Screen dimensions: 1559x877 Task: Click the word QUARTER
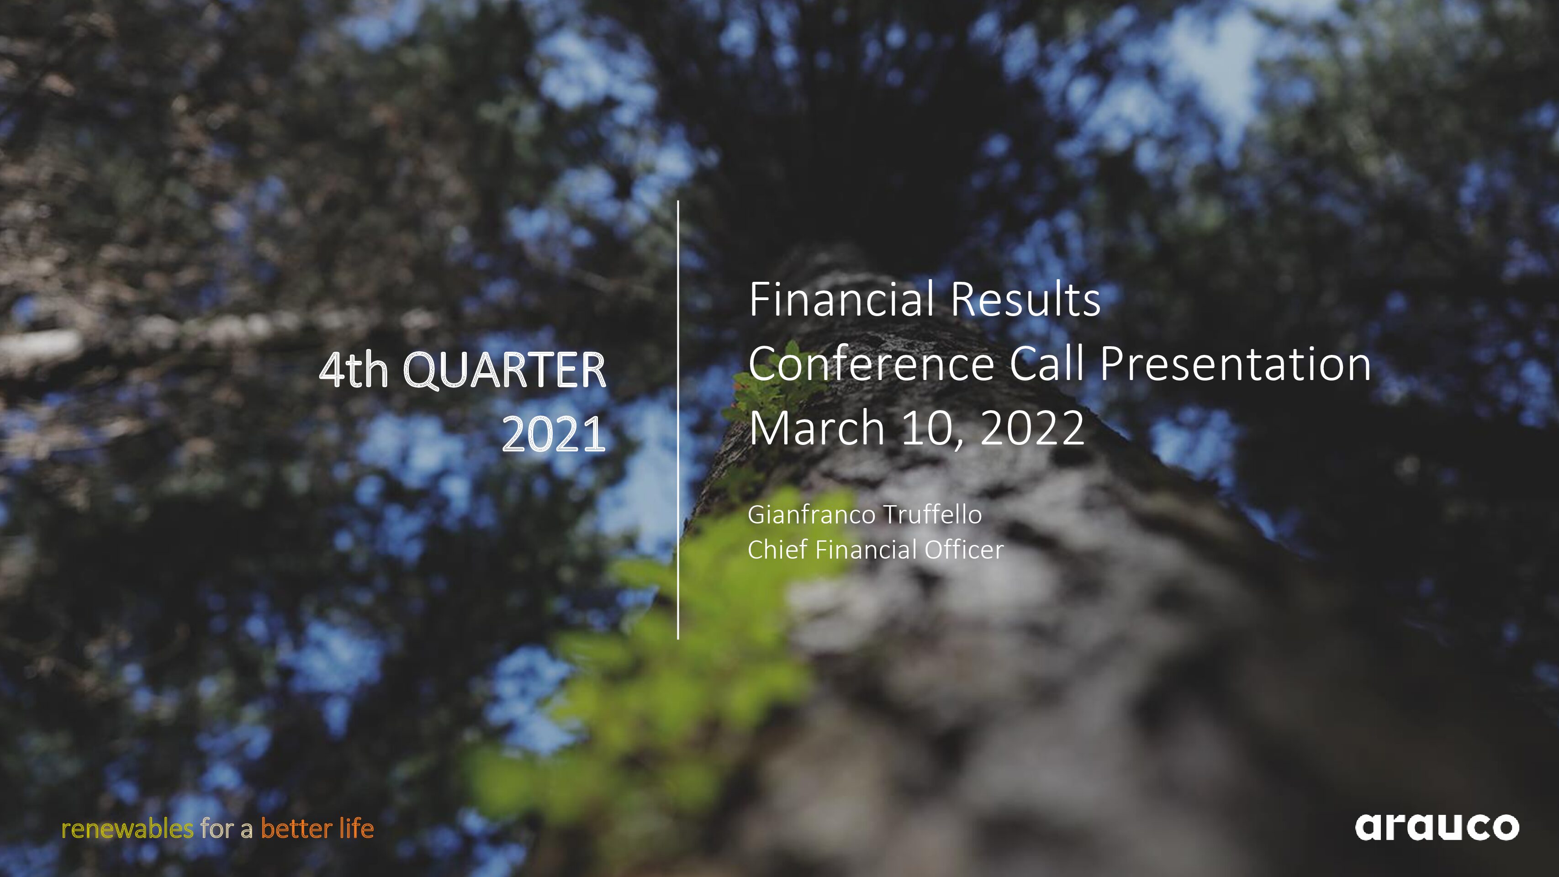(504, 371)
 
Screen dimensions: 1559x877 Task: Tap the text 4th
(354, 370)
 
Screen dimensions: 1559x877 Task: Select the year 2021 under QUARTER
(554, 434)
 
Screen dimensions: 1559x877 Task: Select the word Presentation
(1235, 365)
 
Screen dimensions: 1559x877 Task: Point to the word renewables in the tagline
(128, 829)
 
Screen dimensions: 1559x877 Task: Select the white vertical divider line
(678, 419)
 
